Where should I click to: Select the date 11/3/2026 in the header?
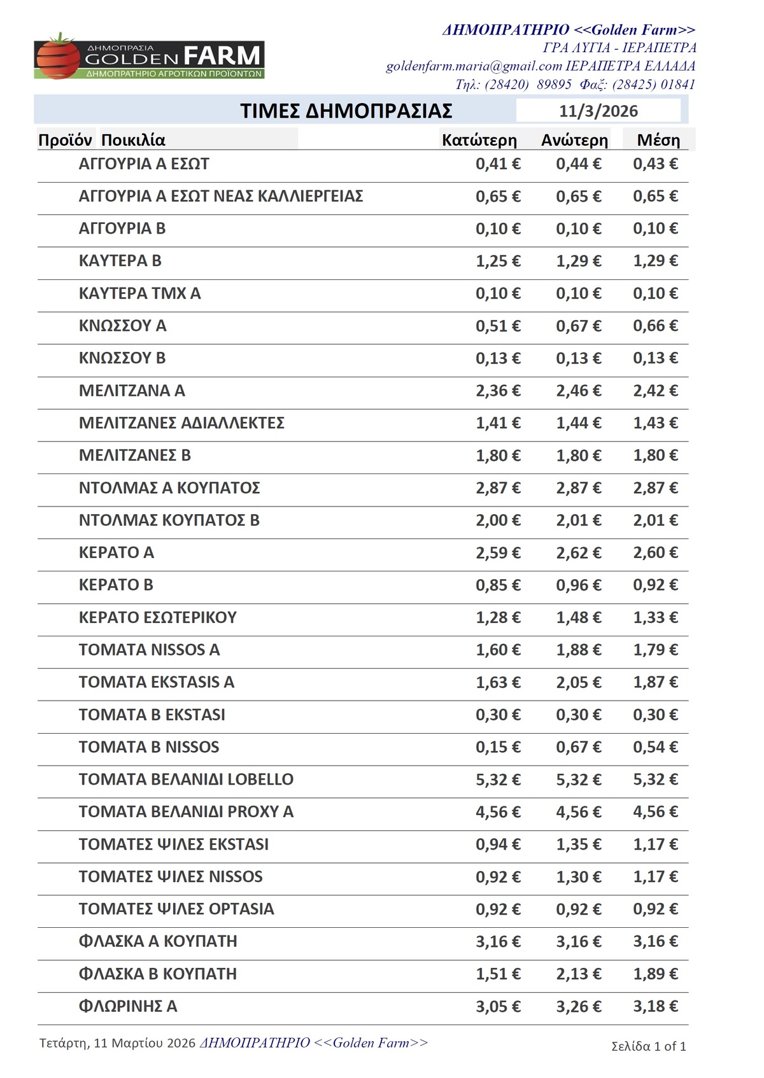coord(598,111)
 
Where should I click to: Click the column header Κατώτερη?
coord(479,140)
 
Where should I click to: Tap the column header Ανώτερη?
coord(574,140)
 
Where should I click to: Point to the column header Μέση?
coord(658,140)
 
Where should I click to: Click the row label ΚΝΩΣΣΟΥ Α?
coord(122,326)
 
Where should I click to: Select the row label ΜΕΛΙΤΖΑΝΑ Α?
coord(132,391)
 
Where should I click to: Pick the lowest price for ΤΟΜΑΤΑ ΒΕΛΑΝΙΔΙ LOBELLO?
coord(498,780)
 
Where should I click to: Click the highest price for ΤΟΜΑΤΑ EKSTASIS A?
coord(578,682)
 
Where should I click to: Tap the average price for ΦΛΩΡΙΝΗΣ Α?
coord(655,1006)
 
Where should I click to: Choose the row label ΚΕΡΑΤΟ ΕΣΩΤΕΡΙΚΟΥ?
coord(157,617)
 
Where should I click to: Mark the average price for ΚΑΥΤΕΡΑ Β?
coord(655,261)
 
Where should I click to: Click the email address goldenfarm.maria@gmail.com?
coord(474,66)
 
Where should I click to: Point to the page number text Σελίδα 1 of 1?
coord(648,1046)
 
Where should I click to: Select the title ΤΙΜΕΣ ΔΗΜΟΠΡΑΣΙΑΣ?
coord(346,111)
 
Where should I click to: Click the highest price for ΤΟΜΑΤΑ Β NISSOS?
coord(578,747)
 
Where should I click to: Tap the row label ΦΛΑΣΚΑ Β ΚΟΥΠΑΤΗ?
coord(157,974)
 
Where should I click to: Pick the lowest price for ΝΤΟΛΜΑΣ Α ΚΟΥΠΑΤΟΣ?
coord(498,488)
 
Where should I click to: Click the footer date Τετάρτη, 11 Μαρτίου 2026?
coord(117,1043)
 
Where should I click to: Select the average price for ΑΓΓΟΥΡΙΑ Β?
coord(655,228)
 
